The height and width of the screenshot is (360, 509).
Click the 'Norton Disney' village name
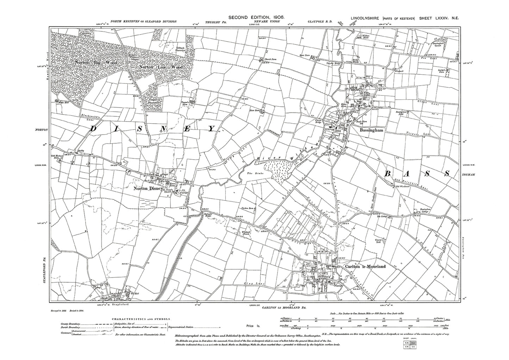pos(147,188)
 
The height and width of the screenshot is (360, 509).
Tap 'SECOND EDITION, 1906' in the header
pos(256,17)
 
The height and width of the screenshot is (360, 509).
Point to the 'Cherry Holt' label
pos(379,242)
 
